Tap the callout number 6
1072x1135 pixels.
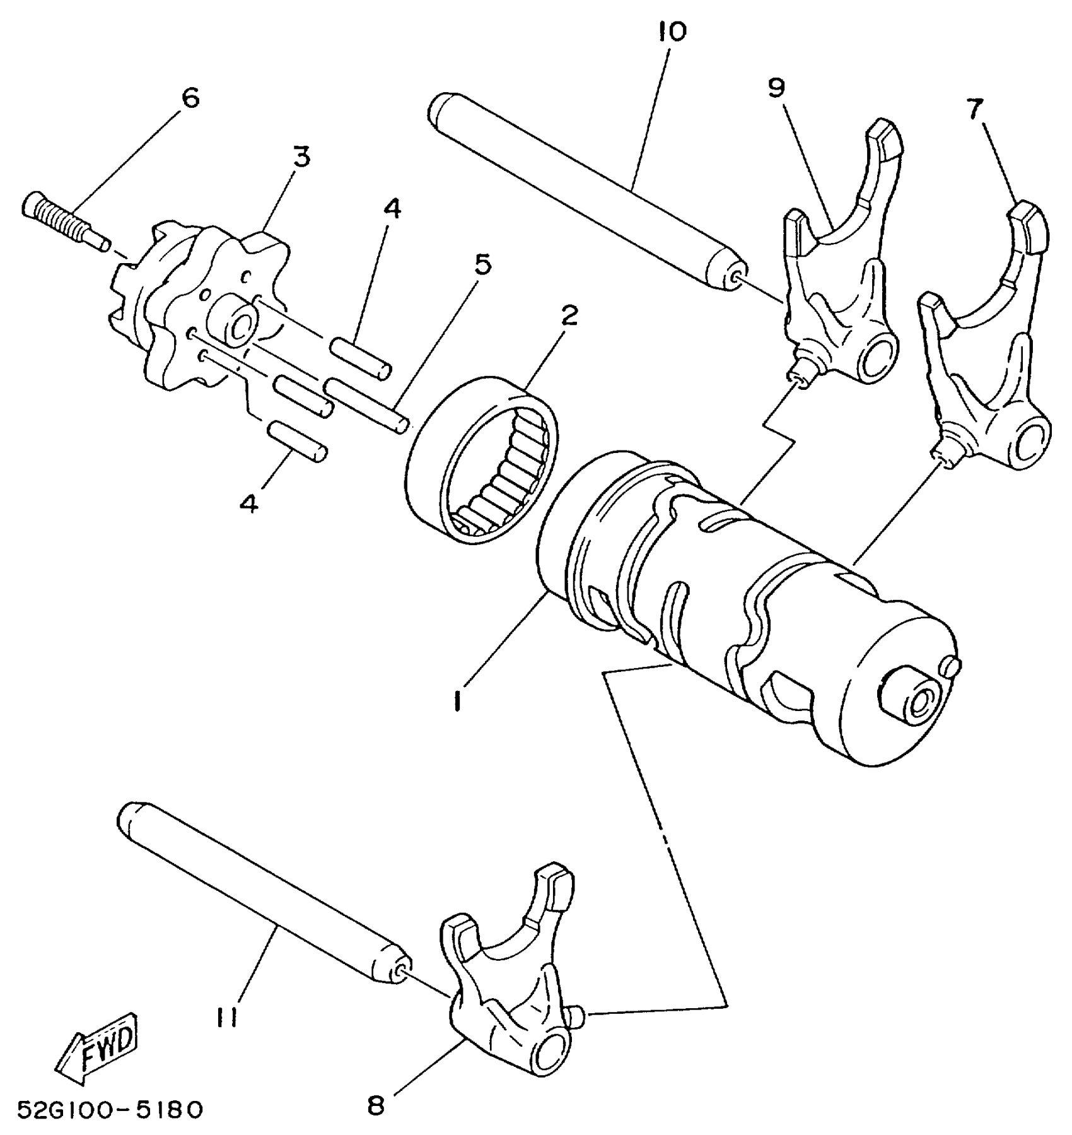pyautogui.click(x=190, y=98)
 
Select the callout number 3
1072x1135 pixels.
pyautogui.click(x=301, y=156)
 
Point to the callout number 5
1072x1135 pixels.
pyautogui.click(x=482, y=266)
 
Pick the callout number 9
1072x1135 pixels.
pyautogui.click(x=776, y=88)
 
